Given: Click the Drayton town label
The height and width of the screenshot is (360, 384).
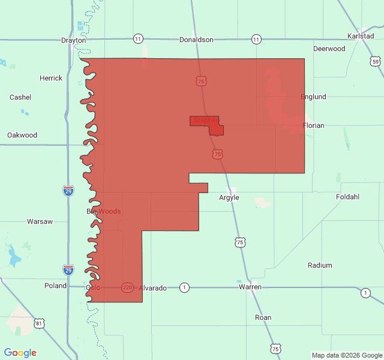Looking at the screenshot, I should pyautogui.click(x=74, y=40).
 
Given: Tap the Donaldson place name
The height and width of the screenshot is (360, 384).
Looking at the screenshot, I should pyautogui.click(x=196, y=40).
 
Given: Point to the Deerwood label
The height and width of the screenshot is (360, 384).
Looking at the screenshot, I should pyautogui.click(x=329, y=49).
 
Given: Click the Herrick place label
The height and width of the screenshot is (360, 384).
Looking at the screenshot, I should pyautogui.click(x=51, y=78).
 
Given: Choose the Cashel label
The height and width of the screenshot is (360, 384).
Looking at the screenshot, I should pyautogui.click(x=20, y=97).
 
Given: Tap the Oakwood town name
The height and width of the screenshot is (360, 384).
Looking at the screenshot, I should pyautogui.click(x=22, y=135).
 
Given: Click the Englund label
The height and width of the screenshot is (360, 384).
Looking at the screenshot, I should pyautogui.click(x=313, y=97).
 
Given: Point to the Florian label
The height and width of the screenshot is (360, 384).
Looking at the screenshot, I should pyautogui.click(x=313, y=125).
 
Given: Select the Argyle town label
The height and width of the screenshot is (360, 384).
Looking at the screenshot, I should pyautogui.click(x=229, y=197).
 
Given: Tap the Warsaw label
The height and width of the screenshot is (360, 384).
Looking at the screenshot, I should pyautogui.click(x=40, y=221).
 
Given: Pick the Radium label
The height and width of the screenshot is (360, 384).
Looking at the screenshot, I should pyautogui.click(x=320, y=265).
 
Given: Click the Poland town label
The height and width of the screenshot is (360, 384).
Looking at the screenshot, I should pyautogui.click(x=56, y=286).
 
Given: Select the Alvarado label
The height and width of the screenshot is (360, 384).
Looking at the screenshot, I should pyautogui.click(x=153, y=288).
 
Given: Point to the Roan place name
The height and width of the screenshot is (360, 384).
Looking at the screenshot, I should pyautogui.click(x=263, y=317).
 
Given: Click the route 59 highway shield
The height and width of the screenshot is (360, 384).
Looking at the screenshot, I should pyautogui.click(x=375, y=61).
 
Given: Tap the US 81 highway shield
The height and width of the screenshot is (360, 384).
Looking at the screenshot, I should pyautogui.click(x=39, y=324).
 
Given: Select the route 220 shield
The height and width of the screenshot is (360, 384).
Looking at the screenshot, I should pyautogui.click(x=127, y=287).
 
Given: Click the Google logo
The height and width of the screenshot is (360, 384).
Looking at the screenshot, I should pyautogui.click(x=20, y=353).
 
